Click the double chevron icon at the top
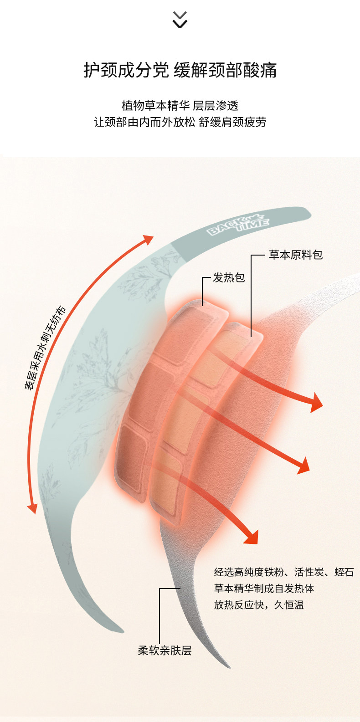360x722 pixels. coord(180,20)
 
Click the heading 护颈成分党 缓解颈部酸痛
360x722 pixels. coord(180,71)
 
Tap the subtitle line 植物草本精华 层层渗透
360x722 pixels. coord(180,106)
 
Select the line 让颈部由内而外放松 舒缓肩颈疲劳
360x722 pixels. coord(180,122)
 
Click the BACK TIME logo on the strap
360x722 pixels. coord(238,224)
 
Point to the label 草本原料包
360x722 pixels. coord(295,255)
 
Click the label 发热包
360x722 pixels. coord(229,277)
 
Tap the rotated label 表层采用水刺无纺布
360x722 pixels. coord(45,348)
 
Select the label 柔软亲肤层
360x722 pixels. coord(165,650)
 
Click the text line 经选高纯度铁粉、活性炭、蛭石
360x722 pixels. coord(283,572)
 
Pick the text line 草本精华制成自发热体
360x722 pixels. coord(264,589)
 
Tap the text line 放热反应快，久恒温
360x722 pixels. coord(258,605)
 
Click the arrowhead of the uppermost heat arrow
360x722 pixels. coord(316,402)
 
